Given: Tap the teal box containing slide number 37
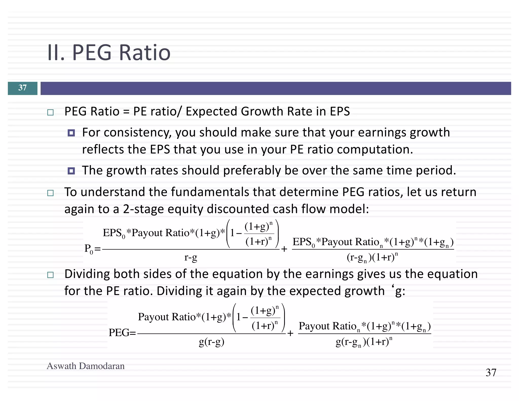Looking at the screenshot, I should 23,88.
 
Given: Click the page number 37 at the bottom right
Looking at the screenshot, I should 491,373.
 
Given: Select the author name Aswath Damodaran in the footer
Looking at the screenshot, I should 86,366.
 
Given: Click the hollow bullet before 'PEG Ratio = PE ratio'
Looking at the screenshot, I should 50,112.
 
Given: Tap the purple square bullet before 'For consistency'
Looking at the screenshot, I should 71,133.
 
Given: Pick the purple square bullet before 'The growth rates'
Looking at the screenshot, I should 71,171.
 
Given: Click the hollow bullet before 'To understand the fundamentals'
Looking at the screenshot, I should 50,193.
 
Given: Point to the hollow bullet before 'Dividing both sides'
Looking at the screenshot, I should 50,275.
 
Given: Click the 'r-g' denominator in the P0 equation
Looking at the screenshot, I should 191,257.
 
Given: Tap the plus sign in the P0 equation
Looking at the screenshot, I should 284,249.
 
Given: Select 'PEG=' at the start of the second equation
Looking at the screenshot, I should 122,333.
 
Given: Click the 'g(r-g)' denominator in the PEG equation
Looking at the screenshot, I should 211,342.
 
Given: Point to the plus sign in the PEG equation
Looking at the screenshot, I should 290,333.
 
